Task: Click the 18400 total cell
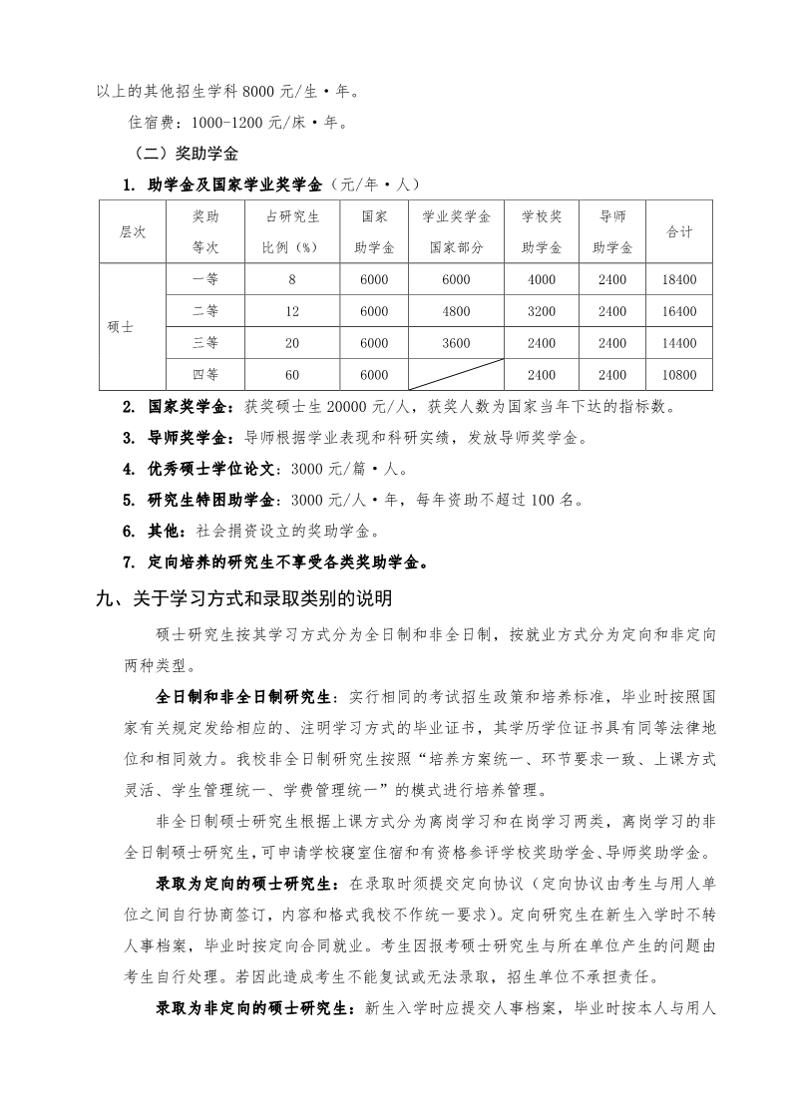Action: click(x=678, y=280)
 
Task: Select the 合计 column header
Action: click(x=678, y=231)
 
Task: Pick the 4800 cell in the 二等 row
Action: click(x=456, y=311)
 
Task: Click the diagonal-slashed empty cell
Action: click(x=456, y=374)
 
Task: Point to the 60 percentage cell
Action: click(x=291, y=374)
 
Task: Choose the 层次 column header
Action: click(x=133, y=231)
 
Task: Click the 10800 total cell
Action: click(x=678, y=374)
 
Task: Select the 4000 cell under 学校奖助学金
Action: click(x=541, y=280)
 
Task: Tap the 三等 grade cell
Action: click(x=205, y=342)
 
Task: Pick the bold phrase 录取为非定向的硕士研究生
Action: click(x=254, y=1008)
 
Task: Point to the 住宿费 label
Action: click(x=153, y=124)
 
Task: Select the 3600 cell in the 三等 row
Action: click(x=456, y=342)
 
